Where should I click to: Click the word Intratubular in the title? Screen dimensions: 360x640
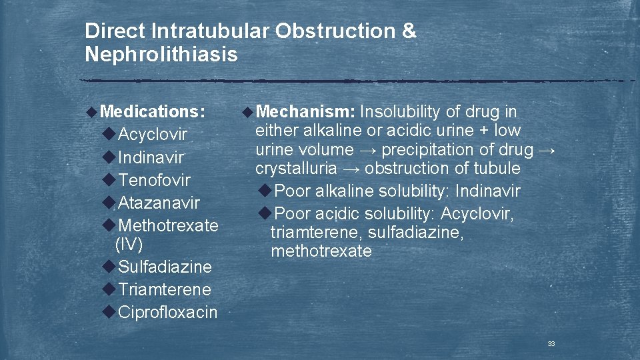click(x=211, y=31)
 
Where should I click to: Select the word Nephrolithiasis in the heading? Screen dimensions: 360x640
click(x=161, y=54)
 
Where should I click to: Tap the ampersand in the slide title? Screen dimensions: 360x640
click(x=409, y=31)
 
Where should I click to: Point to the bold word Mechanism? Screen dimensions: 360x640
click(x=305, y=111)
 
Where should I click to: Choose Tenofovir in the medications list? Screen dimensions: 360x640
click(x=154, y=180)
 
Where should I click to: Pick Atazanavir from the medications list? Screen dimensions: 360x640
click(x=159, y=202)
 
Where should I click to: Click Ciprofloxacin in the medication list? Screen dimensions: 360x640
click(x=167, y=312)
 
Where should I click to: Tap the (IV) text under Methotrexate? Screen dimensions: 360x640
click(x=129, y=244)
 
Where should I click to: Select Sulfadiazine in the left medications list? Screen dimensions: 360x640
click(x=165, y=267)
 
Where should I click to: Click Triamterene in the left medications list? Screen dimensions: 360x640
click(x=164, y=289)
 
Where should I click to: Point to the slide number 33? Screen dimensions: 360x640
click(x=551, y=344)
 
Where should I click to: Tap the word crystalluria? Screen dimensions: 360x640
click(x=296, y=169)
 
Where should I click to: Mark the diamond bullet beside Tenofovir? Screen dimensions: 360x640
click(x=109, y=180)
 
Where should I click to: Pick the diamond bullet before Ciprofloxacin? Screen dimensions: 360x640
click(x=109, y=312)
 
